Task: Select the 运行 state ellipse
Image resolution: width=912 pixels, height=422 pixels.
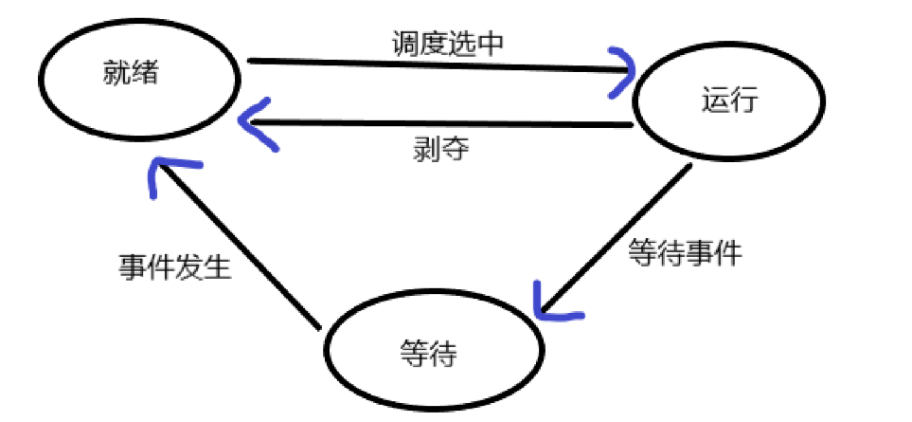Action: [729, 102]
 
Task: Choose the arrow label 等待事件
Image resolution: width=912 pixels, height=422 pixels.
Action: [686, 254]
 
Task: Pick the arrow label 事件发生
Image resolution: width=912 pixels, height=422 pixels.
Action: [174, 268]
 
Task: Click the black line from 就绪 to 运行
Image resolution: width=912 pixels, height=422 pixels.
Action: [426, 64]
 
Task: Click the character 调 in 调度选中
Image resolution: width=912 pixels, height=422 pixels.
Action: [403, 43]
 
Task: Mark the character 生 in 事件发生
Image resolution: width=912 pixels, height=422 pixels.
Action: [218, 268]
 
